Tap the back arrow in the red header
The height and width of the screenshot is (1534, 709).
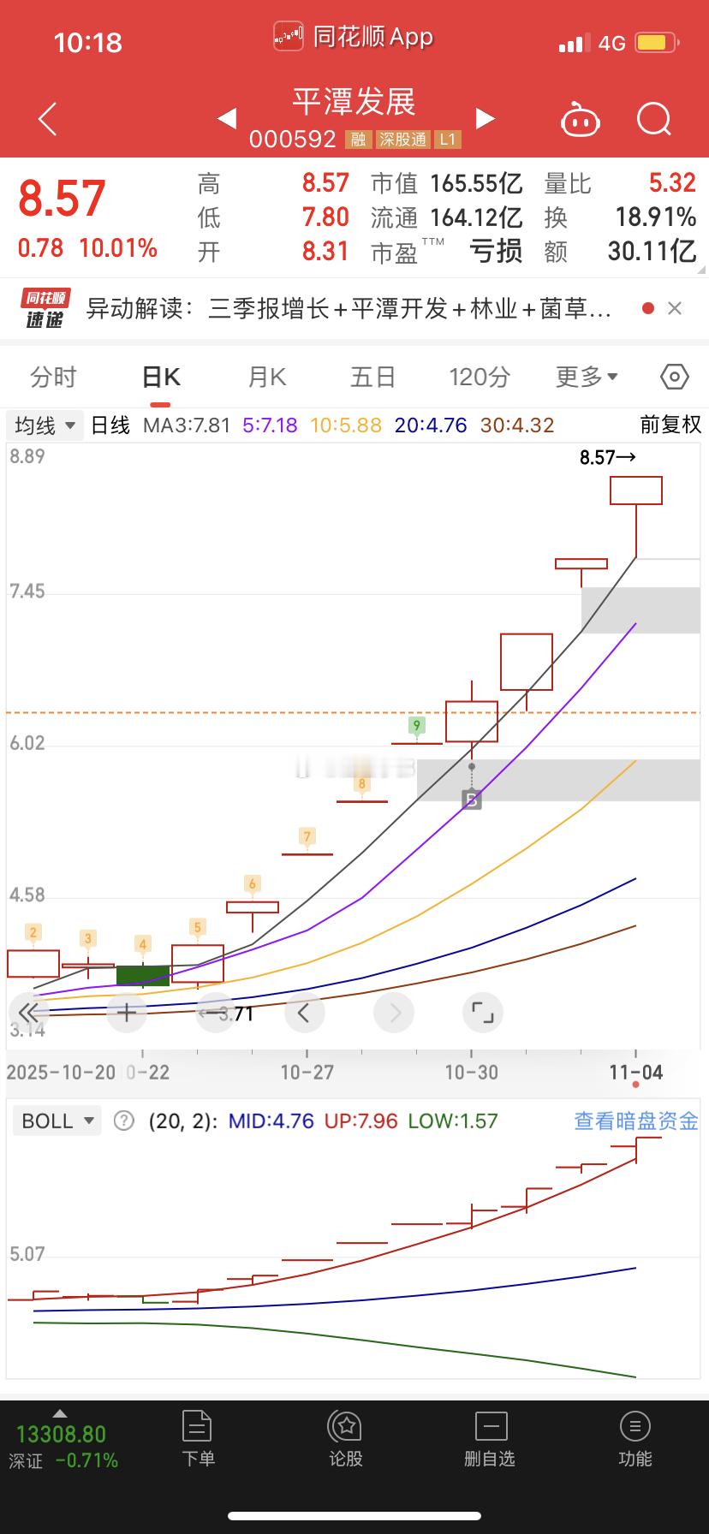tap(48, 119)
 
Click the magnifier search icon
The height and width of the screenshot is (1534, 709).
tap(653, 119)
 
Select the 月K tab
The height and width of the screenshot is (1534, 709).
tap(266, 377)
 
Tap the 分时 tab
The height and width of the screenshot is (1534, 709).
tap(53, 377)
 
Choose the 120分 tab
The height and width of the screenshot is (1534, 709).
tap(480, 377)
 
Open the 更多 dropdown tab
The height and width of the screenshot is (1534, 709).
tap(587, 377)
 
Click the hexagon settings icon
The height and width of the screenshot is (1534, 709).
tap(675, 377)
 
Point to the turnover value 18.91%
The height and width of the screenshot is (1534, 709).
tap(655, 217)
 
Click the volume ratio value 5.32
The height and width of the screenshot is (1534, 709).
tap(672, 182)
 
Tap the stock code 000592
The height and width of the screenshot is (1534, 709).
tap(293, 139)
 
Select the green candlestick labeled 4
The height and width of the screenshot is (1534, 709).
tap(143, 975)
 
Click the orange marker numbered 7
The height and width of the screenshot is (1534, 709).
tap(307, 836)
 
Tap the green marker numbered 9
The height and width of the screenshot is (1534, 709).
tap(417, 726)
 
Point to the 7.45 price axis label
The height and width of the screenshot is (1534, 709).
tap(27, 592)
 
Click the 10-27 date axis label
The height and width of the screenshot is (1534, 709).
tap(307, 1072)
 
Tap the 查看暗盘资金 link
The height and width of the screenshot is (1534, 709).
tap(635, 1121)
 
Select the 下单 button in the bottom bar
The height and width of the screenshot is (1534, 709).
tap(198, 1440)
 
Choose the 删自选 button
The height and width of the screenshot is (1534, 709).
tap(490, 1440)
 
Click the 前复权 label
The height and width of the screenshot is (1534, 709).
tap(670, 425)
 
